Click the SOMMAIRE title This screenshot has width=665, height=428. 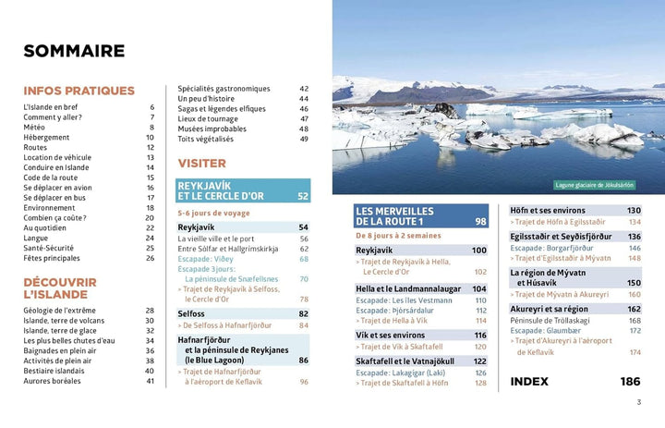coord(74,51)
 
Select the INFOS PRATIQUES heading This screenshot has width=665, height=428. coord(79,91)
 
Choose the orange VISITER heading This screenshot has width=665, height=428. coord(201,163)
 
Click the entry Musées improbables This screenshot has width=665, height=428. coord(212,128)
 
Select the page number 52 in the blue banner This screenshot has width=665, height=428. coord(303,196)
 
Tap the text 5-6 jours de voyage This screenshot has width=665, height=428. coord(213,213)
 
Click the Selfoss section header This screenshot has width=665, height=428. coord(191,314)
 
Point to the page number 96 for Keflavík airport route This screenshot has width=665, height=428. coord(304,381)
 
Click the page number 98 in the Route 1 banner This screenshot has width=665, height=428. coord(480,222)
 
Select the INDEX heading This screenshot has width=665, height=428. coord(530,381)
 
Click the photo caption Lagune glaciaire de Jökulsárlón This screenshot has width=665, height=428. coord(595,184)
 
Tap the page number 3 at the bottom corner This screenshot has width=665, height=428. coord(638,402)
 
